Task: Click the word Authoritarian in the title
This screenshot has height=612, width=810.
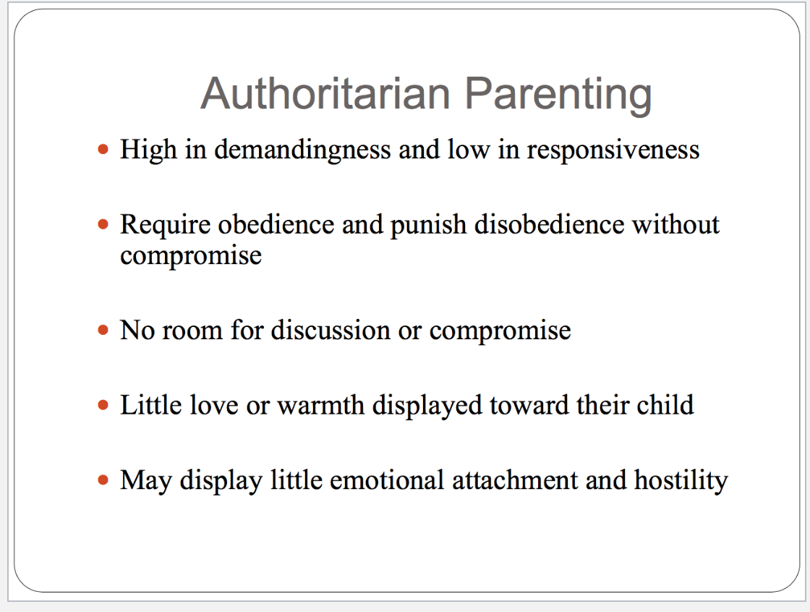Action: click(325, 93)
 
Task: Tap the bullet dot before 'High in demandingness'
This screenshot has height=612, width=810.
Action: click(103, 150)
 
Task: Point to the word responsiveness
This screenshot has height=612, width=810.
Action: click(613, 150)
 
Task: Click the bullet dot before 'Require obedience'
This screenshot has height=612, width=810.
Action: click(103, 225)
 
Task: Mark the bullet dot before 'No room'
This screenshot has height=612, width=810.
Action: click(103, 331)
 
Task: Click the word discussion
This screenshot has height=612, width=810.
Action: click(331, 331)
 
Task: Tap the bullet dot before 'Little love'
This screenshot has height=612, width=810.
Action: click(103, 405)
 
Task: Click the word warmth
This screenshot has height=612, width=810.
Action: click(321, 405)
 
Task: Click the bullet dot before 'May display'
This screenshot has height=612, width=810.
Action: click(103, 480)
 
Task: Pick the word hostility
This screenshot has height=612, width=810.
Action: click(681, 481)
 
